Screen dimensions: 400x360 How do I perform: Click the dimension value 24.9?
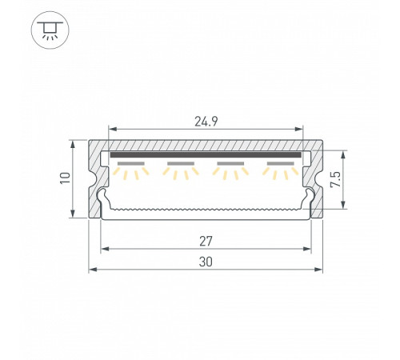click(x=206, y=122)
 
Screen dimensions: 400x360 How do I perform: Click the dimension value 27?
click(x=206, y=242)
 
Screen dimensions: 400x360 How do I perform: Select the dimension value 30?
click(x=206, y=262)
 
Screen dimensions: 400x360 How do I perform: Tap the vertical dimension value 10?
click(x=66, y=178)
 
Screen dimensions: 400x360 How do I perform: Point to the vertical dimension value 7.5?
click(x=335, y=179)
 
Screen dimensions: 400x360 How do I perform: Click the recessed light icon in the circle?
click(x=50, y=30)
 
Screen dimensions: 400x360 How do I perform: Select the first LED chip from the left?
click(x=131, y=163)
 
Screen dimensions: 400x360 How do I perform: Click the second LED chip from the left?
click(x=181, y=163)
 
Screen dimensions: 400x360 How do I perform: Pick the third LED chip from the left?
click(x=230, y=163)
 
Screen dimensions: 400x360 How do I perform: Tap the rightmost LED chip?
click(x=281, y=163)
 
